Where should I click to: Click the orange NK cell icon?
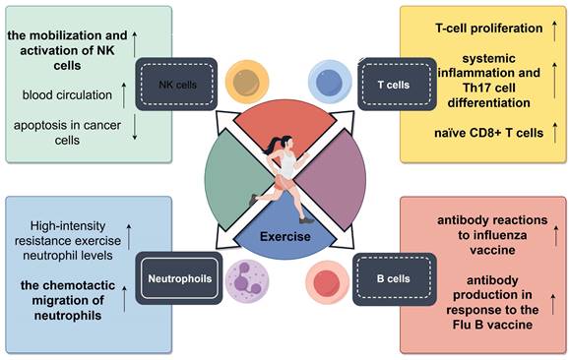coord(242,81)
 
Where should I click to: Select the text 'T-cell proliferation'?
coord(476,28)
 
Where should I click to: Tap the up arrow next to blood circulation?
coord(123,94)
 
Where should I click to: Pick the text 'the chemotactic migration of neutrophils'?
coord(67,295)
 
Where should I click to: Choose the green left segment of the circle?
coord(228,181)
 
